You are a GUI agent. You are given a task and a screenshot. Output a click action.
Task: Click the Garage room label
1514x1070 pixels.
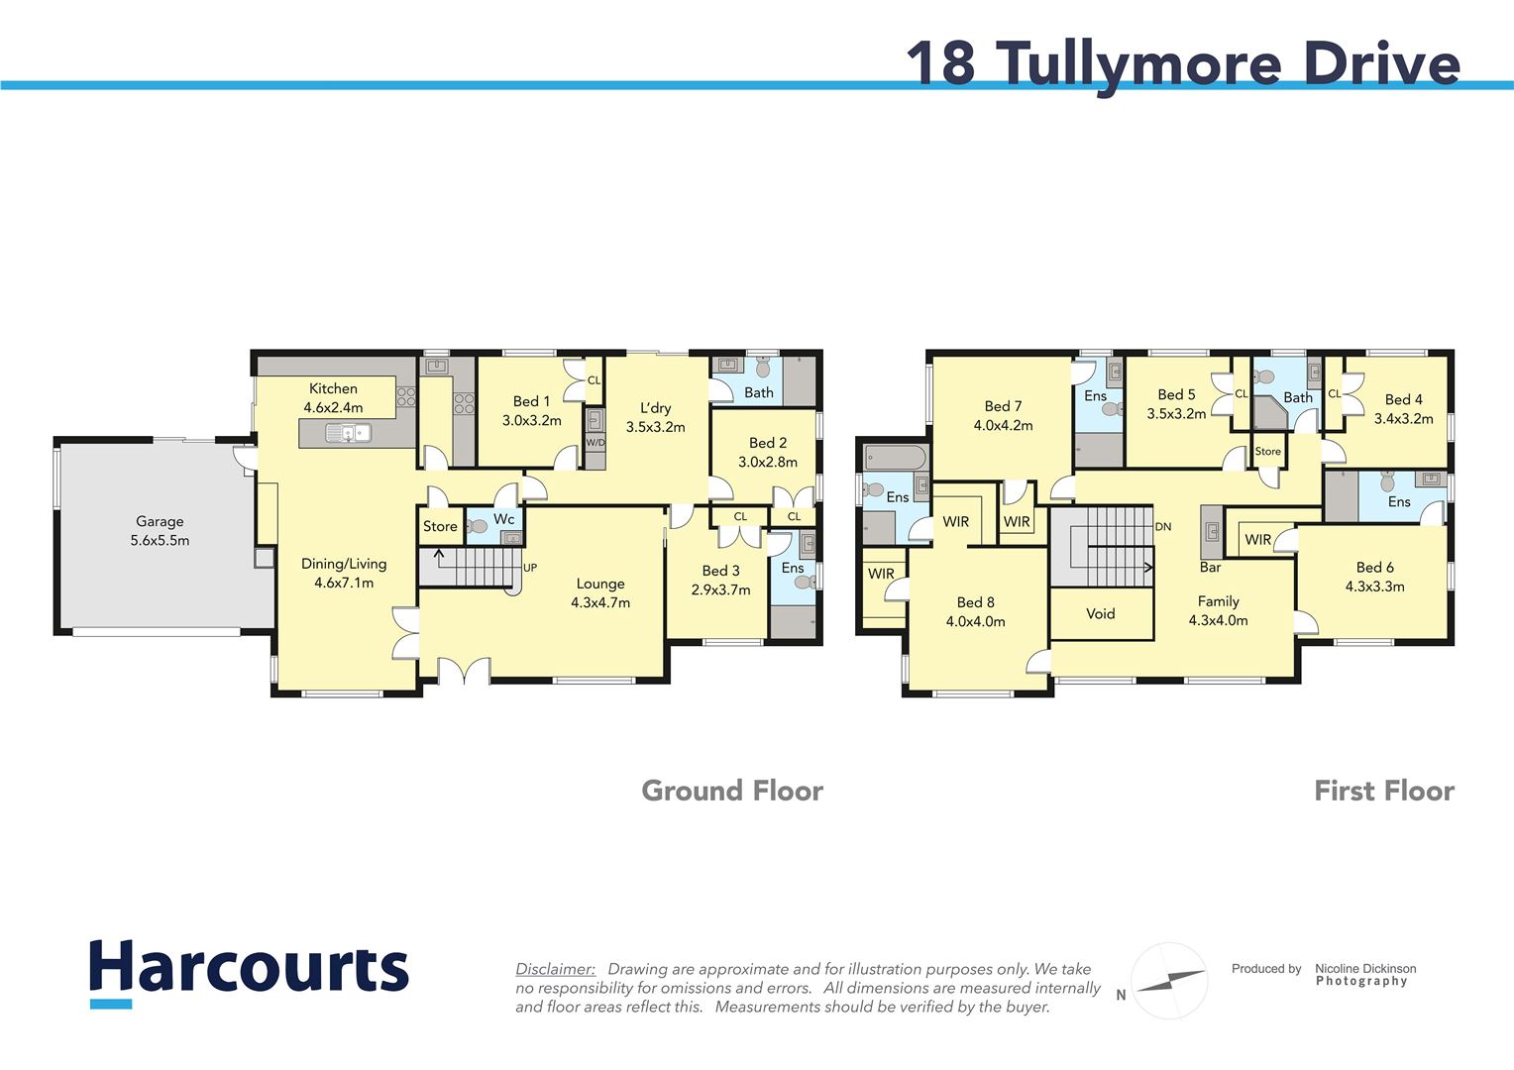(160, 530)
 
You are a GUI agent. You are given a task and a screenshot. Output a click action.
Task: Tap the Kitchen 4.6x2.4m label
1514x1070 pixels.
(333, 397)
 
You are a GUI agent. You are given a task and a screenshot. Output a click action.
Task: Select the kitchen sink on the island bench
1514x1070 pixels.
(348, 432)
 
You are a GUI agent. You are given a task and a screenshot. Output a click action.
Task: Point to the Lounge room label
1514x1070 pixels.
(600, 592)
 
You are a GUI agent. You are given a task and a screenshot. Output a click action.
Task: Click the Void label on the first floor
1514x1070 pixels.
(1100, 613)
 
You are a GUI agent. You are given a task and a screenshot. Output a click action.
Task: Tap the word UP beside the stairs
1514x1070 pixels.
(530, 568)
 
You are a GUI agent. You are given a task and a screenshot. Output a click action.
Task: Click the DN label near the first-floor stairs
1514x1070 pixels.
(1163, 526)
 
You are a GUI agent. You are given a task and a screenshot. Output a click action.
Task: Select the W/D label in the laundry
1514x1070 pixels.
(595, 442)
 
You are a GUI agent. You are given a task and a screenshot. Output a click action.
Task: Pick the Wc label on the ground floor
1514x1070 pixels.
(503, 518)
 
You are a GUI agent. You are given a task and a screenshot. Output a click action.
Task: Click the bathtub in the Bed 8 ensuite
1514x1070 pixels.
(896, 458)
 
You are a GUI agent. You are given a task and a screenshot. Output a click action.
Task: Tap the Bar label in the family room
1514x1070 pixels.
(1210, 568)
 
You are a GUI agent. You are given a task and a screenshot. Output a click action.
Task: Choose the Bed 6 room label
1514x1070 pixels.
(1374, 576)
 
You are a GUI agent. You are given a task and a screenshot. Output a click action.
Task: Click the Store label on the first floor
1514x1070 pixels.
(1267, 451)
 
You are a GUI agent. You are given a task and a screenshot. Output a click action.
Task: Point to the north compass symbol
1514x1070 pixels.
(1169, 981)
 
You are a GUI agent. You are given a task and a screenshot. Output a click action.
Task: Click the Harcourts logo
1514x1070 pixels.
(249, 971)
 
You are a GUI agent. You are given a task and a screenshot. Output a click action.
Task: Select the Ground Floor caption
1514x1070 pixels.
(731, 791)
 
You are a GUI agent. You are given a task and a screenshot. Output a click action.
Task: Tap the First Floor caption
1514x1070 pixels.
(1383, 791)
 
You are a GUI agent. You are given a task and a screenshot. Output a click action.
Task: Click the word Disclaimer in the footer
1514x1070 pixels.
(555, 969)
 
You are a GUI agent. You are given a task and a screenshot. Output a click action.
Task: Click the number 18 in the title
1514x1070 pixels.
(940, 62)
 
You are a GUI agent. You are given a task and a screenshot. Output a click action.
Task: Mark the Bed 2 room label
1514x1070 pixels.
(767, 452)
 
